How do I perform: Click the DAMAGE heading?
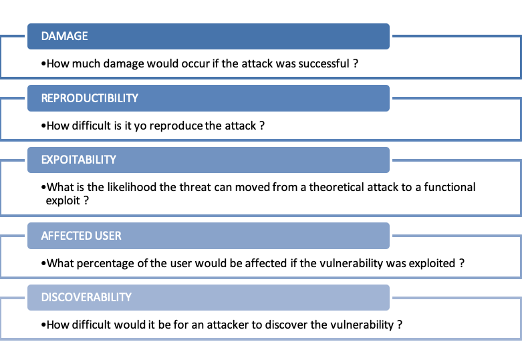[x=64, y=36]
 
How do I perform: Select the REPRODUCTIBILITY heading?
[x=90, y=98]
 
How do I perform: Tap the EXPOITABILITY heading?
[x=79, y=160]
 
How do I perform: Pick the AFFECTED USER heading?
[x=82, y=236]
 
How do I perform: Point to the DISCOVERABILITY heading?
[x=86, y=297]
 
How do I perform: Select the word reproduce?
[x=176, y=126]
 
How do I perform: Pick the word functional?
[x=449, y=187]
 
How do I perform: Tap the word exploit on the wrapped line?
[x=63, y=201]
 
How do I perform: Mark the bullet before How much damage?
[x=43, y=63]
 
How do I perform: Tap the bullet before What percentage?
[x=43, y=264]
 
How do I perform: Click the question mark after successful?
[x=356, y=63]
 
